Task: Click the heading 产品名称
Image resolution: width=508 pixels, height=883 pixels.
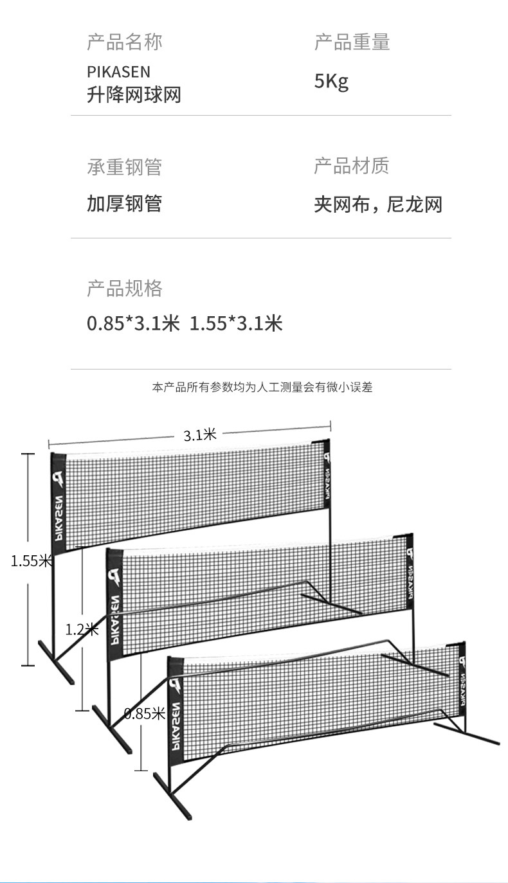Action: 124,42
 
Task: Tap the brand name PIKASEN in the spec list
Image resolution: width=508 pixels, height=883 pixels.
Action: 118,71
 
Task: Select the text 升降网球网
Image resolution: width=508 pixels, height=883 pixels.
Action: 134,95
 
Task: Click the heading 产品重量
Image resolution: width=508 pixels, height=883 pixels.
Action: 352,42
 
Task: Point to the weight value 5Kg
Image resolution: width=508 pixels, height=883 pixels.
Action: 331,82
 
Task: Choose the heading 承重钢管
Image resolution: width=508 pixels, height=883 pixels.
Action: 124,167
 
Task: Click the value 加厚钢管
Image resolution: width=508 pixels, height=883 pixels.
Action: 124,204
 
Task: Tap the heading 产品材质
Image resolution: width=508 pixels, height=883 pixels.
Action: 352,166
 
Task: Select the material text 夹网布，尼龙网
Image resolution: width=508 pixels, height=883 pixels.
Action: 378,204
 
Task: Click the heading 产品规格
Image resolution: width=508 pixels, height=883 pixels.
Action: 124,289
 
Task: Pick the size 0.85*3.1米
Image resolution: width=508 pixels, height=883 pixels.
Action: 133,323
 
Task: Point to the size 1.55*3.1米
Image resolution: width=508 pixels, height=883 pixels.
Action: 236,323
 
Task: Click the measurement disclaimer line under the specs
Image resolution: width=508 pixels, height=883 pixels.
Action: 262,387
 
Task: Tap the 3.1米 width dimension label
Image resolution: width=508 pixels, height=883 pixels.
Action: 200,435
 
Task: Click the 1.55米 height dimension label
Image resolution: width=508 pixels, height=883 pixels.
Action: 30,561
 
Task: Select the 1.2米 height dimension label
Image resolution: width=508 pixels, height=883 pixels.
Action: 82,629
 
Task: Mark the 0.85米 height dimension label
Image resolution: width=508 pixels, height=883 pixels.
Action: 145,713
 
